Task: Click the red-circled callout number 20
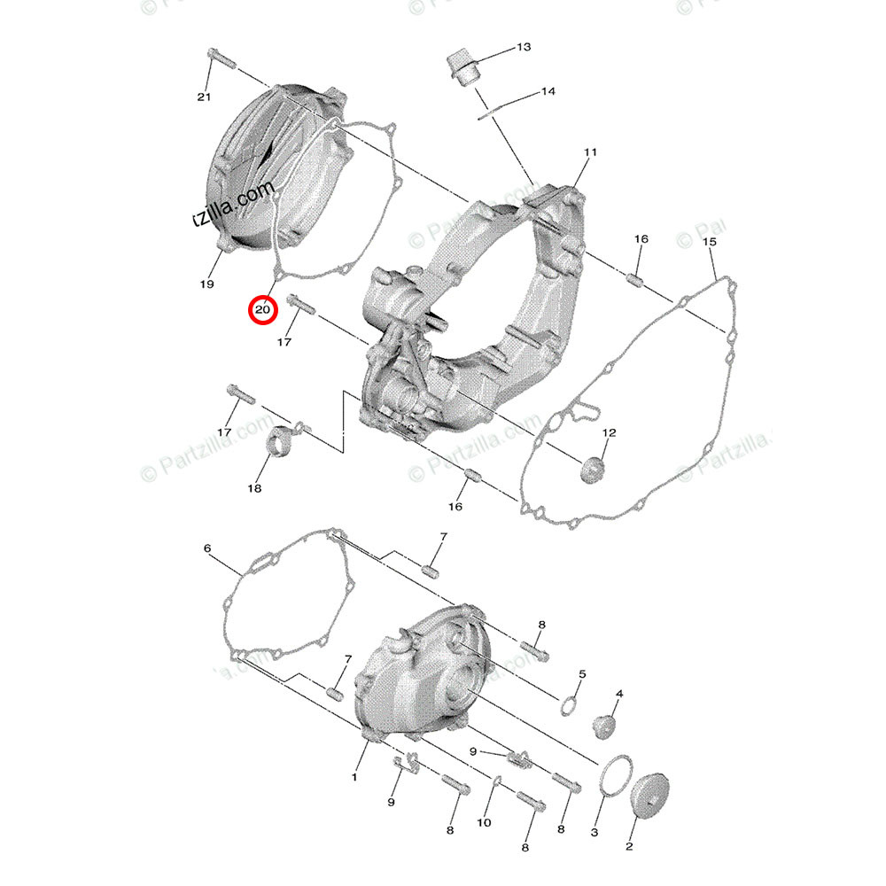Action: click(263, 310)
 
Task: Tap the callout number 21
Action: click(205, 97)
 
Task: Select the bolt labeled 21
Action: click(219, 59)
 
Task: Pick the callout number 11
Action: click(590, 153)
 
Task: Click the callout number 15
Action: click(709, 242)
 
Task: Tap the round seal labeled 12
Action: click(593, 470)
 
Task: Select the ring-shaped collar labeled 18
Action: click(283, 440)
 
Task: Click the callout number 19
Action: click(206, 284)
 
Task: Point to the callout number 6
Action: click(207, 548)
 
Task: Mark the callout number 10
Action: click(483, 822)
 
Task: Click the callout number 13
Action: click(524, 46)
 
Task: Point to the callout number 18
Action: click(255, 488)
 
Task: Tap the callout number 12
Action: click(609, 432)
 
